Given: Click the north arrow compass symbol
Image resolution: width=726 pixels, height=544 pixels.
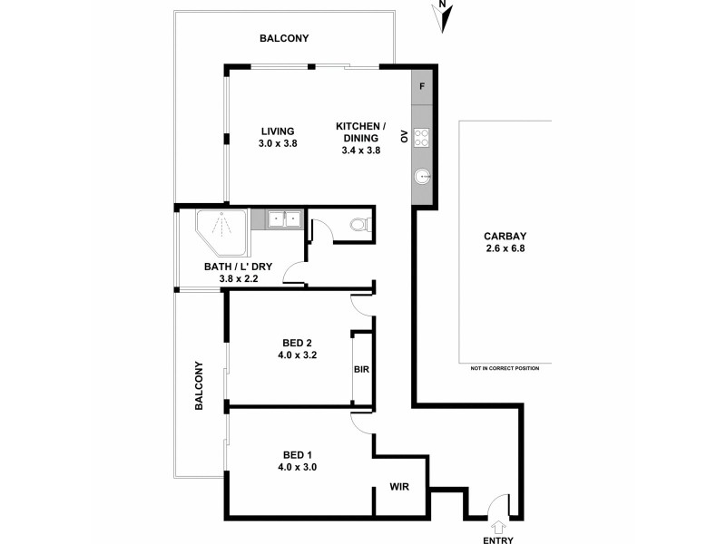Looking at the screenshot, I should [443, 15].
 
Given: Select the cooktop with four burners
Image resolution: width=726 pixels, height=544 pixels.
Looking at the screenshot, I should [423, 138].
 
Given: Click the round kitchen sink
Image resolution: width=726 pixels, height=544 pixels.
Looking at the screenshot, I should [423, 178].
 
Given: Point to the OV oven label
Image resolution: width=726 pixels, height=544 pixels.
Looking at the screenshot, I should [405, 138].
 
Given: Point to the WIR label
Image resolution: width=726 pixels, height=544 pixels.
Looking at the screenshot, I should [399, 487].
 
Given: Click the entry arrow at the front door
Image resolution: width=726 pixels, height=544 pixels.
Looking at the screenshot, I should [498, 526].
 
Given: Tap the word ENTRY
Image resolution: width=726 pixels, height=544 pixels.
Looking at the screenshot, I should [498, 540].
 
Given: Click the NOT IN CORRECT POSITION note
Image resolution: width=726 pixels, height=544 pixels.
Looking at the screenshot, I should [505, 368].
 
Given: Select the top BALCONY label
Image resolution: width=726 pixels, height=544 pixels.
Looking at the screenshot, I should [284, 38].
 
